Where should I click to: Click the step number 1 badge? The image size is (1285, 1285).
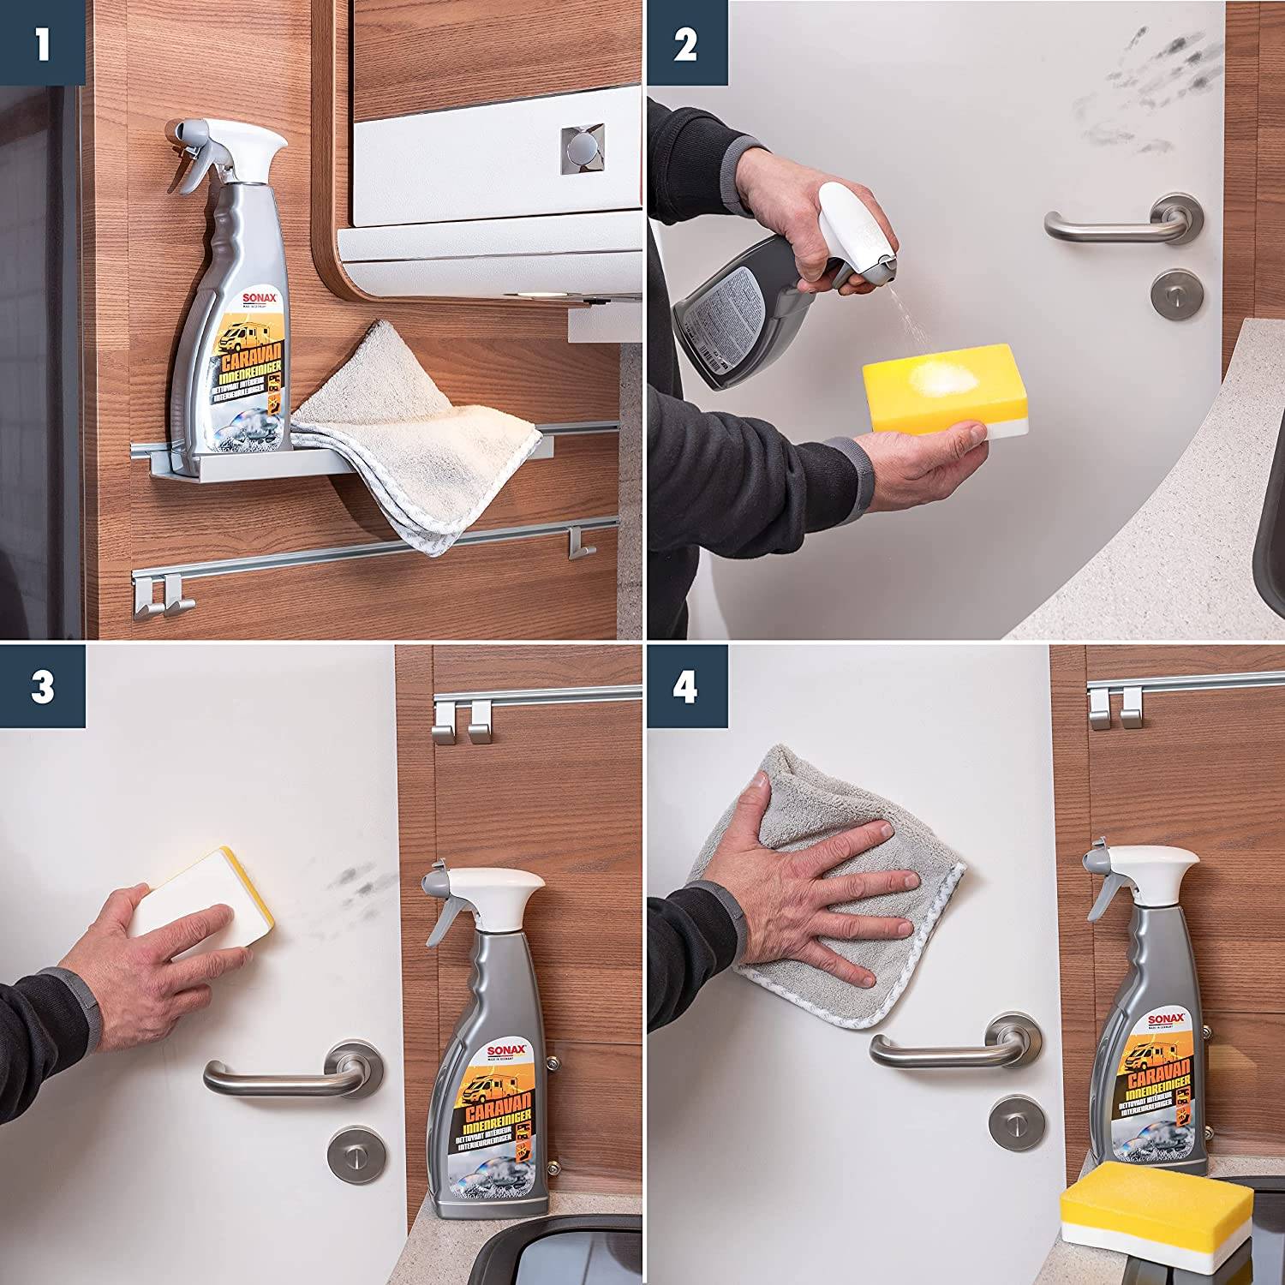click(42, 42)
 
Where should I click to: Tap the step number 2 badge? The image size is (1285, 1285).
click(685, 42)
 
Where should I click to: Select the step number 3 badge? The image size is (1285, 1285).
click(42, 686)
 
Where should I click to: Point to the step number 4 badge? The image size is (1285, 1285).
click(685, 686)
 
